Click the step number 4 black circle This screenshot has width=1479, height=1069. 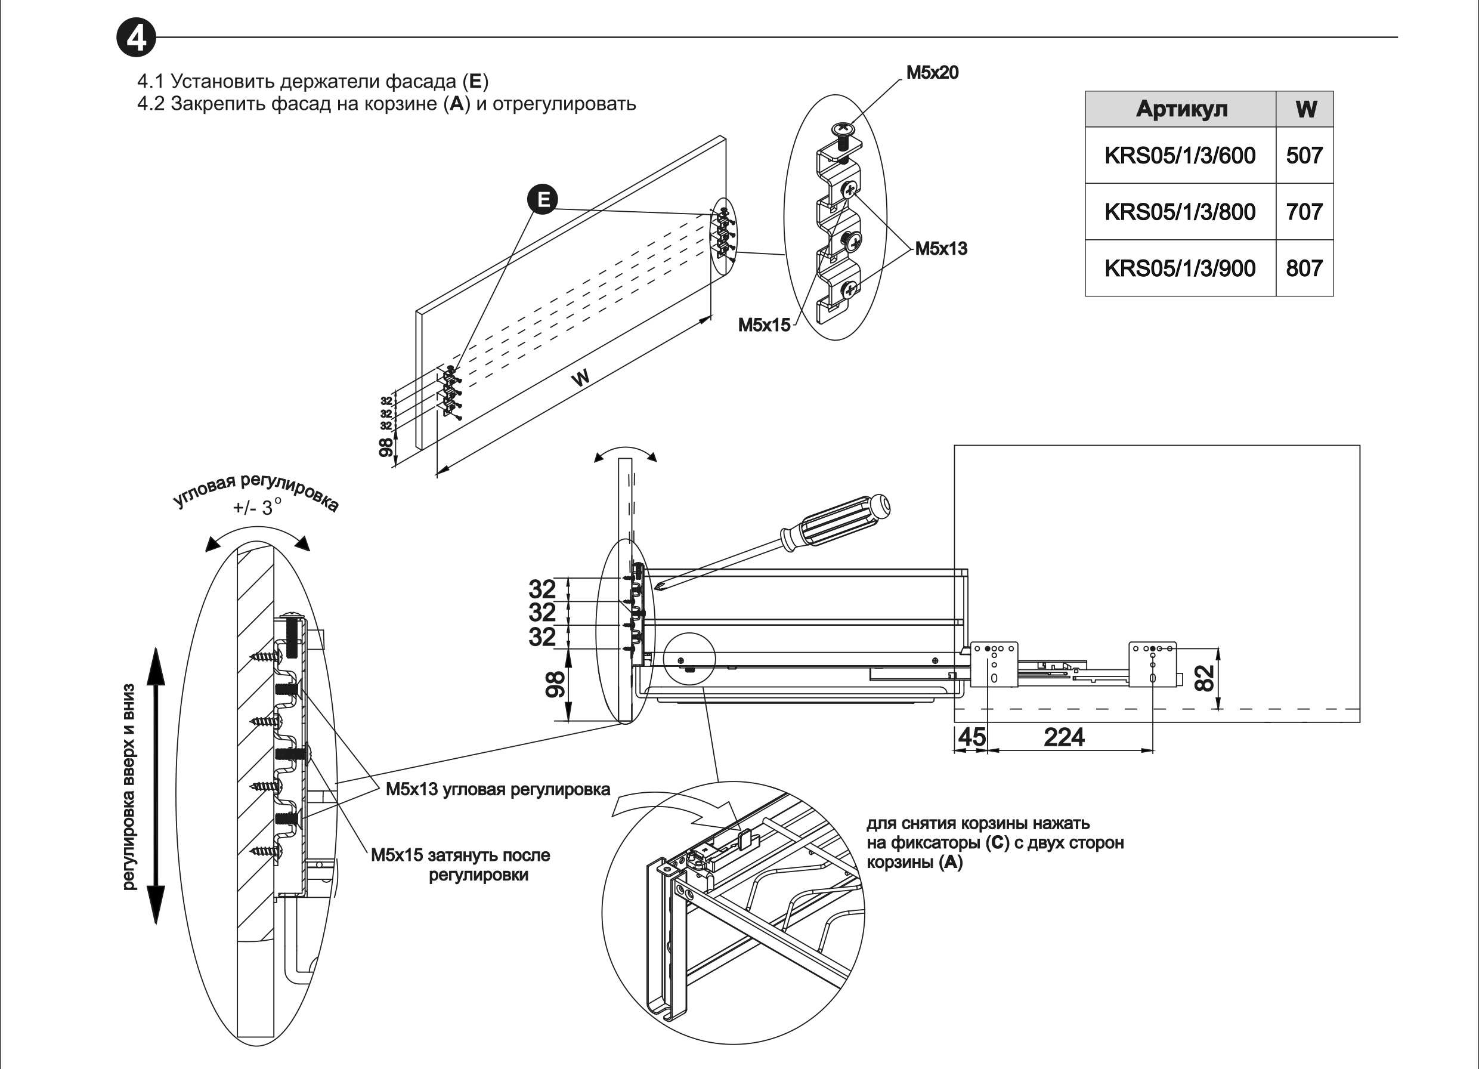click(x=137, y=39)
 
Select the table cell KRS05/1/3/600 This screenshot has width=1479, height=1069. click(x=1180, y=155)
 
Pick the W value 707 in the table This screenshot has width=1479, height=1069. click(x=1304, y=212)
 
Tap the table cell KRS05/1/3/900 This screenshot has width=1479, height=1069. click(x=1180, y=268)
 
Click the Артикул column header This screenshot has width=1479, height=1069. click(x=1181, y=109)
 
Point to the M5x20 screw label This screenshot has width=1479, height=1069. click(x=932, y=72)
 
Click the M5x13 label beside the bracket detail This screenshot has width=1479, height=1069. click(x=940, y=249)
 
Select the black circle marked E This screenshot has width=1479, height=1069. click(x=543, y=199)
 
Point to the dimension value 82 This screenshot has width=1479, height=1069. click(x=1205, y=677)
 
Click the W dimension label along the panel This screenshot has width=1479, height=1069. click(x=580, y=378)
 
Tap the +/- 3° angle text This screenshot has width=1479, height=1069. click(x=257, y=507)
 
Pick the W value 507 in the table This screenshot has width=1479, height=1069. click(x=1304, y=155)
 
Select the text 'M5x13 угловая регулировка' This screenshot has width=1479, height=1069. click(x=497, y=790)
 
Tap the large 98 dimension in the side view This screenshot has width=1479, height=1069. click(x=555, y=685)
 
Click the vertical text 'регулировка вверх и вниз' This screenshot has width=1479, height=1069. click(x=129, y=787)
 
